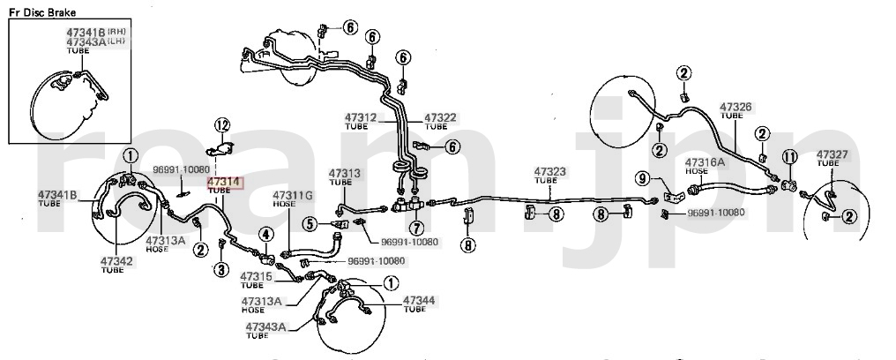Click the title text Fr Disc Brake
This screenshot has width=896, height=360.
point(43,13)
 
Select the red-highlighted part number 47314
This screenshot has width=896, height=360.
point(223,183)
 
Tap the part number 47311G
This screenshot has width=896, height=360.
point(292,195)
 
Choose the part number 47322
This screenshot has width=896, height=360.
point(441,117)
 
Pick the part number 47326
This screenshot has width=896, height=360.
point(735,107)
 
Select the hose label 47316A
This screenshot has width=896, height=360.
point(706,161)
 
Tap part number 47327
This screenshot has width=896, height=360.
point(832,154)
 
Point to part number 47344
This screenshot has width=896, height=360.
point(419,301)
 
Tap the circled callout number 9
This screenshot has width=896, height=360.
point(643,179)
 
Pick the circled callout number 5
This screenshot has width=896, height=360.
point(310,224)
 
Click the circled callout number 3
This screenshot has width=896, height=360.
point(221,269)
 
